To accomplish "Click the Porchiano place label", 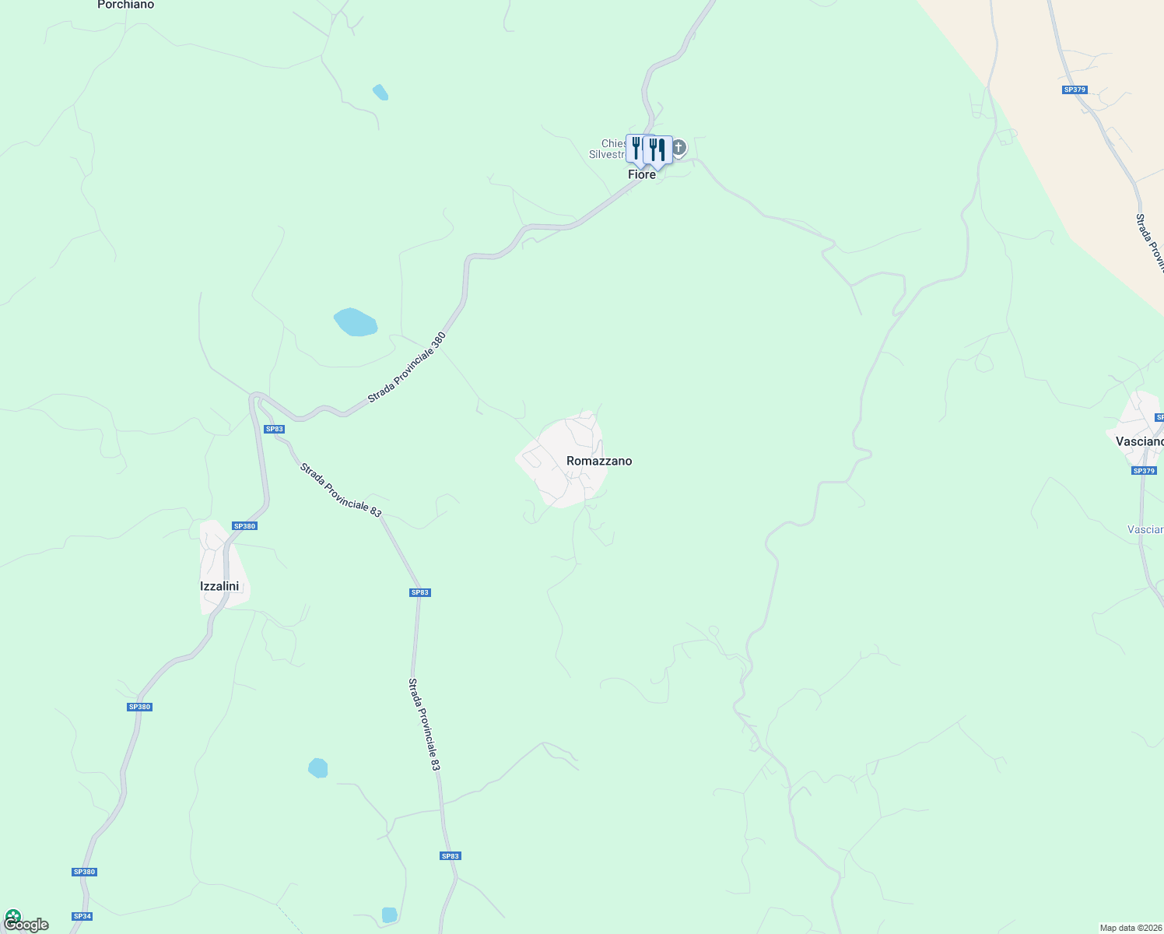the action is coord(125,5).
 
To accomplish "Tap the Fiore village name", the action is coord(642,175).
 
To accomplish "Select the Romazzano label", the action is coord(599,461).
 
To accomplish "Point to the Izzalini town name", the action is coord(219,586).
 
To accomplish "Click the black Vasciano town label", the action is coord(1140,441).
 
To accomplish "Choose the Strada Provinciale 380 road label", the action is coord(407,367).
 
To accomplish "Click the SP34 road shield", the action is coord(82,916).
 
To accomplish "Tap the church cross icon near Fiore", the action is coord(678,147).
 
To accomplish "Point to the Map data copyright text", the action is coord(1131,928).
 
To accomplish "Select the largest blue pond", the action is coord(356,321).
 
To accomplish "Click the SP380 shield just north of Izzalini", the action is coord(244,526).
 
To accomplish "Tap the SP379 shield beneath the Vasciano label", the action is coord(1144,471).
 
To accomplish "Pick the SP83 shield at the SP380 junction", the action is coord(274,429).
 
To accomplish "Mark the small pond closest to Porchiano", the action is coord(380,93).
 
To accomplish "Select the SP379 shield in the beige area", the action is coord(1074,90).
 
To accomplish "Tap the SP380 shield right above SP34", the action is coord(84,872).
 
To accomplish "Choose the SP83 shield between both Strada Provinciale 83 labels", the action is coord(419,592).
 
